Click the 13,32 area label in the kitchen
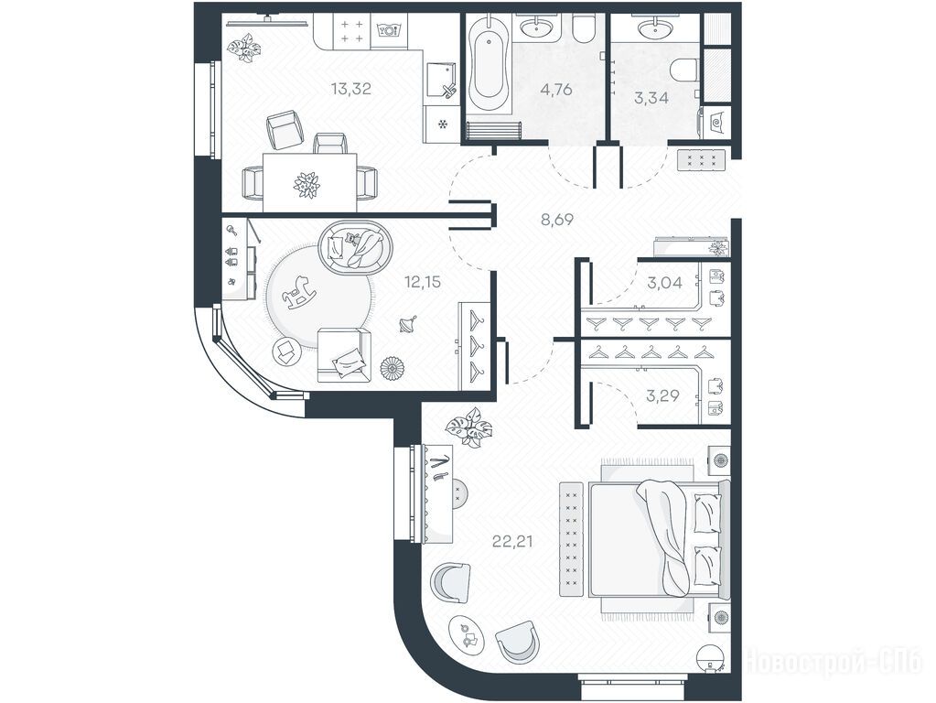(351, 89)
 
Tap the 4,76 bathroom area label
(555, 90)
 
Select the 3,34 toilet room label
(651, 97)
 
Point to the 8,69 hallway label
(557, 219)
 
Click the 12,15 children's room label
(423, 281)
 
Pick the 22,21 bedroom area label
(512, 542)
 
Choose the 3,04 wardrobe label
(664, 282)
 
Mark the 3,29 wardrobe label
(662, 395)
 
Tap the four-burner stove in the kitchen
(351, 31)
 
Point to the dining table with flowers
(310, 181)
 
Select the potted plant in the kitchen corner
(245, 48)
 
